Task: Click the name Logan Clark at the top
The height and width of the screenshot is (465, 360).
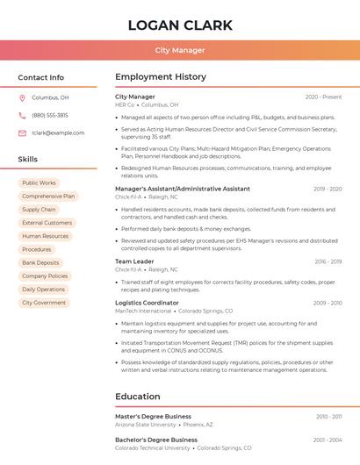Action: [180, 25]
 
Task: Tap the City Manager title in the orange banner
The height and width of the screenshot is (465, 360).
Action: [180, 50]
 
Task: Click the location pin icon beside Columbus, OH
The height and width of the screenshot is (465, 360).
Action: [22, 98]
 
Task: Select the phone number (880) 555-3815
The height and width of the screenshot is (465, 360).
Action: [50, 115]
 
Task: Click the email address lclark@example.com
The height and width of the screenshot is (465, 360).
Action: [58, 132]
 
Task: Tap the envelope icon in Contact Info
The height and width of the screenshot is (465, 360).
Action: [22, 132]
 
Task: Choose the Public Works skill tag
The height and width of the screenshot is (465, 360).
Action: [39, 183]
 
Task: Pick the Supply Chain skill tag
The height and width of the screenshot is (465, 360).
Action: [39, 210]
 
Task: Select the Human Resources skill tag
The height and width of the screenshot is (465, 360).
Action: [45, 236]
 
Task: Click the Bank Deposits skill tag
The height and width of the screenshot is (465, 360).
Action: [40, 262]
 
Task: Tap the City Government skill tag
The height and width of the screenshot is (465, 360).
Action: [44, 303]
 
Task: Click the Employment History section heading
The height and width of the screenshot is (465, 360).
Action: [161, 77]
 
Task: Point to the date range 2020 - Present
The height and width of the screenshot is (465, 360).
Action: [323, 97]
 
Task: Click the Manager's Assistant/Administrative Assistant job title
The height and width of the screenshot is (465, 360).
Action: [183, 189]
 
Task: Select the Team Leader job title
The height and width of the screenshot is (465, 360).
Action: [134, 261]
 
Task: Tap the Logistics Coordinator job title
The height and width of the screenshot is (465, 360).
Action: [147, 303]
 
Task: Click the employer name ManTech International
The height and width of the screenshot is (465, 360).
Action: [143, 311]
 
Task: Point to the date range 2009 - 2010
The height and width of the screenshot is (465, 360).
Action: [327, 303]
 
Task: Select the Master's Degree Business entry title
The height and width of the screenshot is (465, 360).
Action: [153, 417]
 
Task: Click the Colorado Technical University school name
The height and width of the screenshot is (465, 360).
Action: [153, 447]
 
